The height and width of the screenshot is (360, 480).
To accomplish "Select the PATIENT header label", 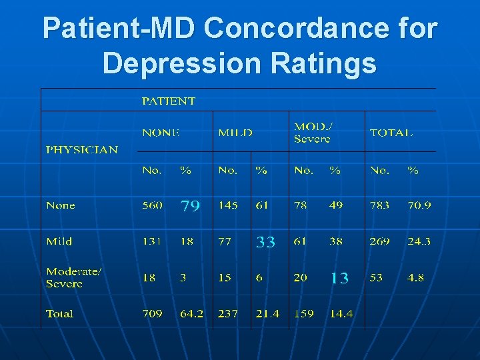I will click(169, 101).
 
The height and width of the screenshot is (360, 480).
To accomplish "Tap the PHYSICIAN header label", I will click(81, 150).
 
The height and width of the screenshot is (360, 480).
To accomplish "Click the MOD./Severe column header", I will click(312, 133).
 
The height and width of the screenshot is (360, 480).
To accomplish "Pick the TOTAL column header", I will click(391, 133).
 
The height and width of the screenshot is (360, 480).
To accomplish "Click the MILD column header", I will click(235, 133).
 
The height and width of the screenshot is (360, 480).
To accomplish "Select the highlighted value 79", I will click(190, 206).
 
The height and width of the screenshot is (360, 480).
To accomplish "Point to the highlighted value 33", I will click(265, 242).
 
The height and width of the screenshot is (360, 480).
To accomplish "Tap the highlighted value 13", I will click(339, 279).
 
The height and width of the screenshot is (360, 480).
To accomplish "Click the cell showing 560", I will click(152, 205).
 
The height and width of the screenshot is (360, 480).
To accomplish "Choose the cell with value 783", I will click(379, 205).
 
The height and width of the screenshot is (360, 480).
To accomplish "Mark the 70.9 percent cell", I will click(419, 205).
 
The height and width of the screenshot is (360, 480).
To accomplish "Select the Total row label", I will click(60, 313).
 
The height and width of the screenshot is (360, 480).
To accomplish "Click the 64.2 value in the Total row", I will click(192, 313).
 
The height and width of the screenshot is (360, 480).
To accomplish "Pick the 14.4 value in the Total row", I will click(341, 313).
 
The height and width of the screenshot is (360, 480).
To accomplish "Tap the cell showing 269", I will click(379, 241).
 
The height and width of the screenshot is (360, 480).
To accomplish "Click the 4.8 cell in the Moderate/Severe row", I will click(415, 277).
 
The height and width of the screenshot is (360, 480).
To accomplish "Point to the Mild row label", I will click(59, 241).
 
